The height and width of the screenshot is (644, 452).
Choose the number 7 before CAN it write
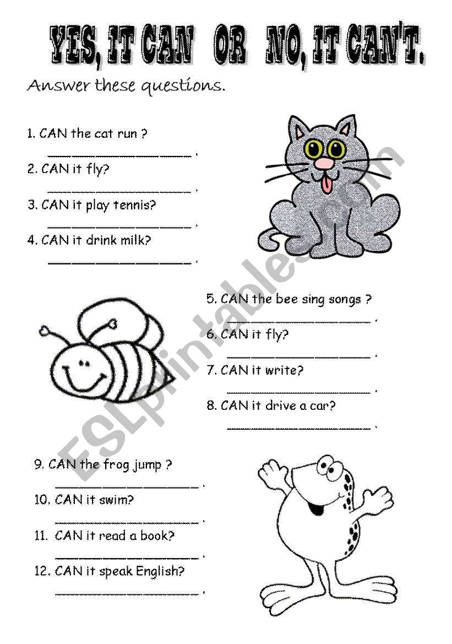(x=211, y=371)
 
